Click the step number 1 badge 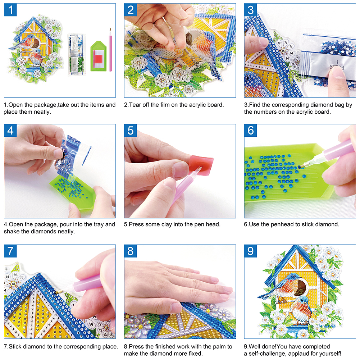coord(10,10)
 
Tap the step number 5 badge coord(131,131)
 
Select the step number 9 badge coord(250,251)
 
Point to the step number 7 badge coord(10,251)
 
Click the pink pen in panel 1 coord(110,50)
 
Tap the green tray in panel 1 coord(99,56)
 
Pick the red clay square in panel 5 coord(201,165)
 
